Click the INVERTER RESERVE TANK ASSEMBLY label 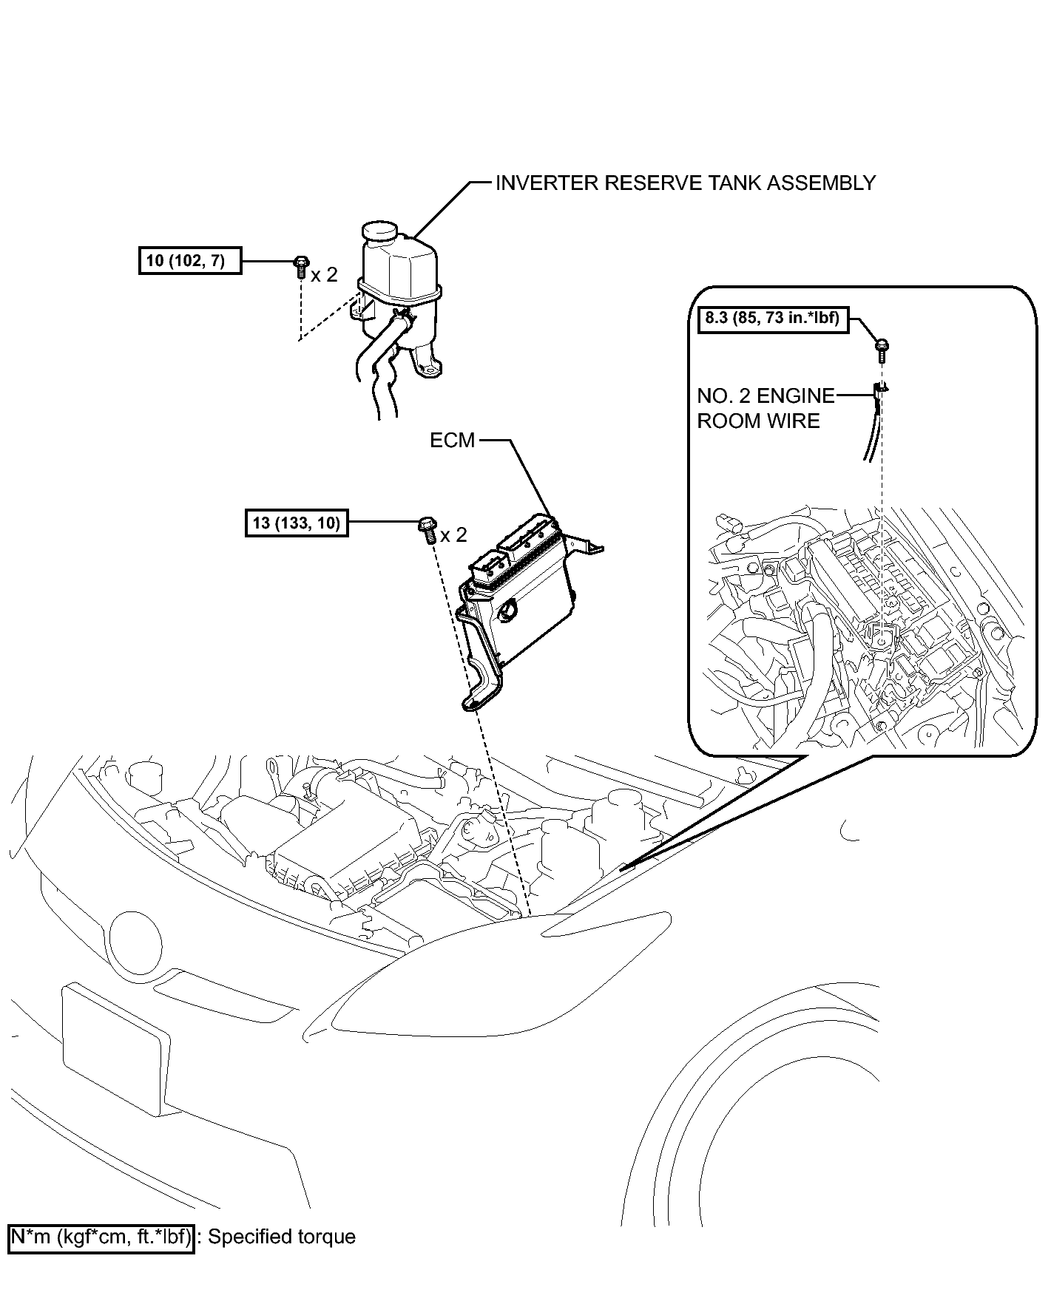tap(685, 183)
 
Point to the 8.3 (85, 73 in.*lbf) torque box tap(773, 321)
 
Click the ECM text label tap(452, 441)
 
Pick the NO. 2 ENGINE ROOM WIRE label tap(765, 408)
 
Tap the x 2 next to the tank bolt tap(324, 275)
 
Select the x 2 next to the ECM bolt tap(453, 534)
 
